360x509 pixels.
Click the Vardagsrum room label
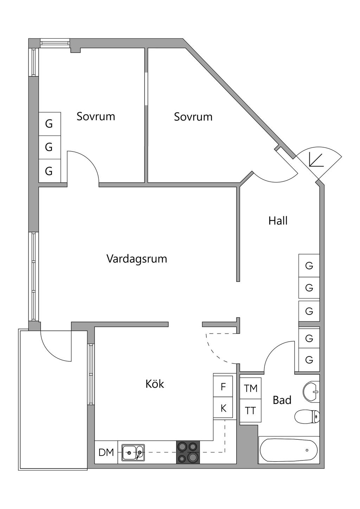click(x=136, y=259)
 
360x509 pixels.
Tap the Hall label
click(x=278, y=221)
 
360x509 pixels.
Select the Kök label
click(x=155, y=384)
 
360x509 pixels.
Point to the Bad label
click(x=282, y=400)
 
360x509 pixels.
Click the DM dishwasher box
click(x=106, y=452)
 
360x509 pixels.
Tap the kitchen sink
click(x=133, y=452)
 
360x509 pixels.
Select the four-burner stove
click(x=188, y=452)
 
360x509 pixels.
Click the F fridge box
click(x=223, y=387)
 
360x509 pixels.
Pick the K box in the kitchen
click(x=223, y=408)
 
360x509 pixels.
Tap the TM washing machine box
click(x=251, y=388)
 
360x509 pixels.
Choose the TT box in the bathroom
click(x=250, y=411)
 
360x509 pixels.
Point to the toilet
click(x=307, y=417)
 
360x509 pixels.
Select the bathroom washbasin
click(x=311, y=391)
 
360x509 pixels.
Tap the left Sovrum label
click(x=96, y=116)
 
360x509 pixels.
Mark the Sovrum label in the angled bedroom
click(x=193, y=117)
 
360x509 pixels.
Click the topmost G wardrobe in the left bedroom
click(x=49, y=124)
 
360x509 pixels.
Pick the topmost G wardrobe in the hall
click(x=309, y=266)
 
